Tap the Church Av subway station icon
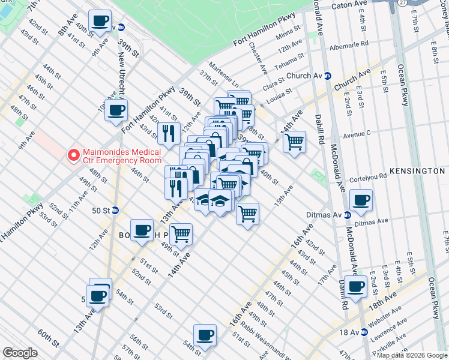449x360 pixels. point(328,76)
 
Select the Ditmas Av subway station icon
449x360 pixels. point(346,214)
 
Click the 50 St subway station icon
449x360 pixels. point(115,211)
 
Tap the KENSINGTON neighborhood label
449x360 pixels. point(417,171)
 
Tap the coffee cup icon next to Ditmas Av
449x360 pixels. point(361,200)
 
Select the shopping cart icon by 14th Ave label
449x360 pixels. point(294,142)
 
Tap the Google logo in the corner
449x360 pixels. point(20,353)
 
